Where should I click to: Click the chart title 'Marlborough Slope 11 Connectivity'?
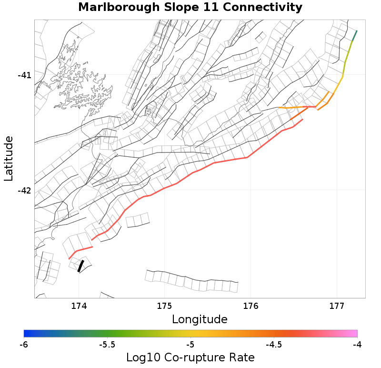click(190, 7)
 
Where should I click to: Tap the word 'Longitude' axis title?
click(200, 319)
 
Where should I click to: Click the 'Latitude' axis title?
click(9, 158)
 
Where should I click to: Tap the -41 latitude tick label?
click(24, 75)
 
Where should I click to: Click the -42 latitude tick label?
click(24, 191)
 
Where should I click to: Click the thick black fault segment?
click(80, 266)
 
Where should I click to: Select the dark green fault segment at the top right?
click(354, 36)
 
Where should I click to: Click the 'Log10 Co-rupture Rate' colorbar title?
click(190, 358)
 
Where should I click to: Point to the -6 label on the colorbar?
click(24, 344)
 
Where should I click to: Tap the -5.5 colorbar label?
click(107, 344)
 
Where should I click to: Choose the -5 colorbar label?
click(190, 344)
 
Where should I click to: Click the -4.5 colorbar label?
click(274, 344)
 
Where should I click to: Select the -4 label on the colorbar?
click(357, 344)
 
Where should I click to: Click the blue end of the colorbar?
click(26, 333)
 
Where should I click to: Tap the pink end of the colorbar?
click(355, 333)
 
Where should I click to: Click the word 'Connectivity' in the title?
click(264, 7)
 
